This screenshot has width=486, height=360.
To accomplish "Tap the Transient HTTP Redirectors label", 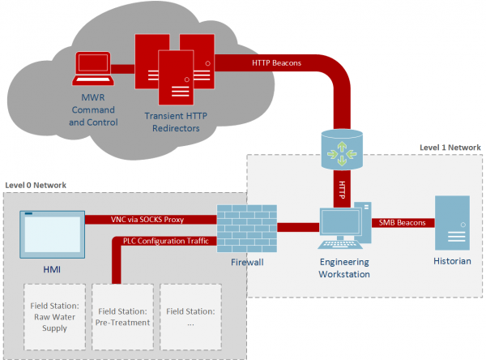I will pos(177,122).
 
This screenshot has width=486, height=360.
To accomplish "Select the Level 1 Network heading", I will pos(450,148).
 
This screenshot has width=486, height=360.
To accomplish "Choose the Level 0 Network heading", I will pos(36,186).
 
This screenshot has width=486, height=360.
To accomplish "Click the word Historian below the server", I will pos(453,261).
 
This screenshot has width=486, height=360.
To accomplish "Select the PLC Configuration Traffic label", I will pos(165,240).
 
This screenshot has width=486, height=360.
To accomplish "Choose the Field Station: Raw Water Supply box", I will pos(54,315).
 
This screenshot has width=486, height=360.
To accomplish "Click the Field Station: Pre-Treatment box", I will pos(123,315).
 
